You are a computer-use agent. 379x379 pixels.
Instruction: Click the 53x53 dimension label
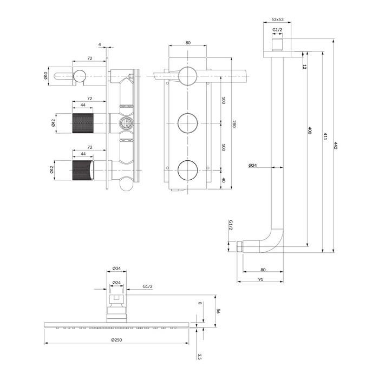pos(277,19)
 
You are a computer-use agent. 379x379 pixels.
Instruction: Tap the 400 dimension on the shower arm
pos(310,130)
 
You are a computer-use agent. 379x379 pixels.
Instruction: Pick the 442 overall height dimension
pos(336,145)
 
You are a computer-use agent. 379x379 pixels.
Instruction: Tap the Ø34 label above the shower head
pos(116,269)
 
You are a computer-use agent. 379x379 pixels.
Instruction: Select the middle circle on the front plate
pos(188,123)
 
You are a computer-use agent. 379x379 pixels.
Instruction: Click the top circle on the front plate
pos(188,76)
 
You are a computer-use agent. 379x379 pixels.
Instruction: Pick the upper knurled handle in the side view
pos(83,123)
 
